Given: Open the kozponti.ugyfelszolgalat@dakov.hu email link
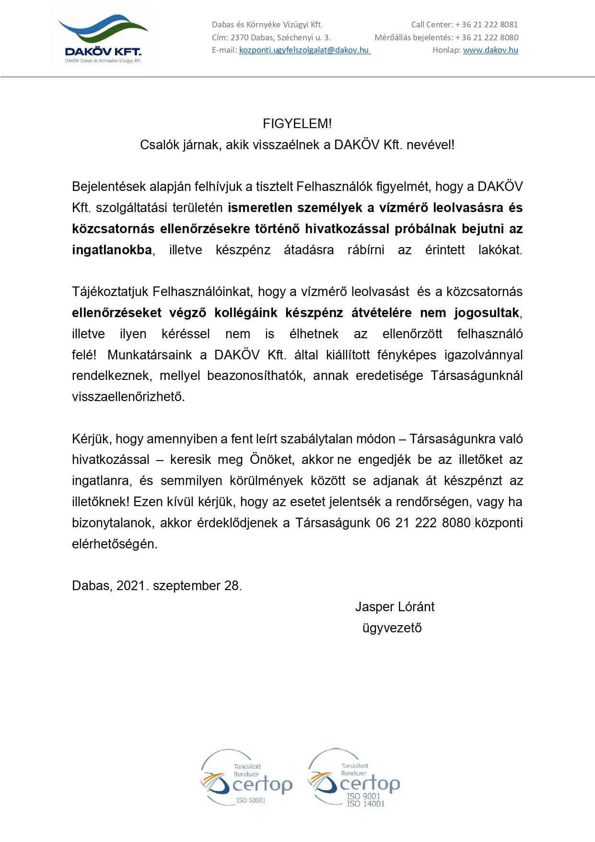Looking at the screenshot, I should tap(304, 50).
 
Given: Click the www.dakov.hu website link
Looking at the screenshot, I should tap(490, 50).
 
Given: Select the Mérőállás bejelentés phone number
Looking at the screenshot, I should tap(487, 37).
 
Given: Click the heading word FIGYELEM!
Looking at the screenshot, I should tap(297, 124).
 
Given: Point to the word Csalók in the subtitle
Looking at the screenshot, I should tap(160, 145).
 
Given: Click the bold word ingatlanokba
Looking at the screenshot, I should tap(112, 250).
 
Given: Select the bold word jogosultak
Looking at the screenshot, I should tap(487, 313).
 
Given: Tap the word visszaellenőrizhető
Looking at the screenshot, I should tap(128, 397).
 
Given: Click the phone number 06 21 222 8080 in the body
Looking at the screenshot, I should tap(423, 523).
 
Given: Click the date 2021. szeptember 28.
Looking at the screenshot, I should tap(179, 586).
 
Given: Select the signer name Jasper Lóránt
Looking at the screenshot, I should tap(395, 607).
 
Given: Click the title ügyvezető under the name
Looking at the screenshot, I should tap(392, 628).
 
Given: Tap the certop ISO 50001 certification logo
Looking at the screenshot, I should tap(246, 778).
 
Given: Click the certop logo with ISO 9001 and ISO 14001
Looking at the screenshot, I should tap(354, 778).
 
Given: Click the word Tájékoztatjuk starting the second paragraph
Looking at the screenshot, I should tap(110, 292).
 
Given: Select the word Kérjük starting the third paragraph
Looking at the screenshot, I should tap(92, 439).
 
